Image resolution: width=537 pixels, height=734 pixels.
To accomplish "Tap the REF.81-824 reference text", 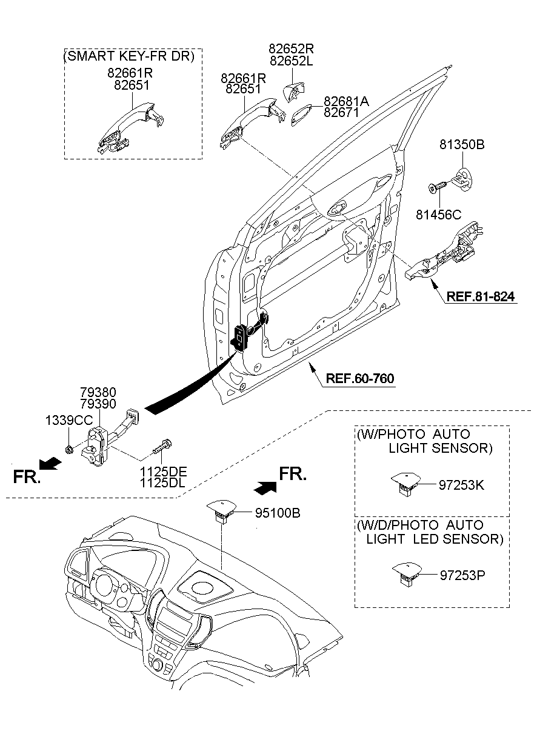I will (x=481, y=297).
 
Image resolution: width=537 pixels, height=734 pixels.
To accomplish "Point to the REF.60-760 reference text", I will (x=360, y=379).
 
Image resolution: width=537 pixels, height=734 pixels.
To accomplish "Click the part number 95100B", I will (x=276, y=513).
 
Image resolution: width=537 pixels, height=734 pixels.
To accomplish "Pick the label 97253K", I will (x=462, y=485).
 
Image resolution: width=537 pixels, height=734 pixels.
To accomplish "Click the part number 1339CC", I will (x=68, y=420).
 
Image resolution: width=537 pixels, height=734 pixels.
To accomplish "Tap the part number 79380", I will (x=98, y=393).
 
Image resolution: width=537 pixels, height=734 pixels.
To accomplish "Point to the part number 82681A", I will (x=345, y=101).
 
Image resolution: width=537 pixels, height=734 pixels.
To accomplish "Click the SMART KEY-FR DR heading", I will (x=128, y=57).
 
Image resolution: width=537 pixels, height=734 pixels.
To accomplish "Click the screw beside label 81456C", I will (x=438, y=187).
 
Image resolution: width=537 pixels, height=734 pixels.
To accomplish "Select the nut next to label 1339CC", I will (x=68, y=449).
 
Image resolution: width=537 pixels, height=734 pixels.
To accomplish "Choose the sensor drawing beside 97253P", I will (x=407, y=572).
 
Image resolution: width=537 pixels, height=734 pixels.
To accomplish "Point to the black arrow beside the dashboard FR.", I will (x=265, y=486).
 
